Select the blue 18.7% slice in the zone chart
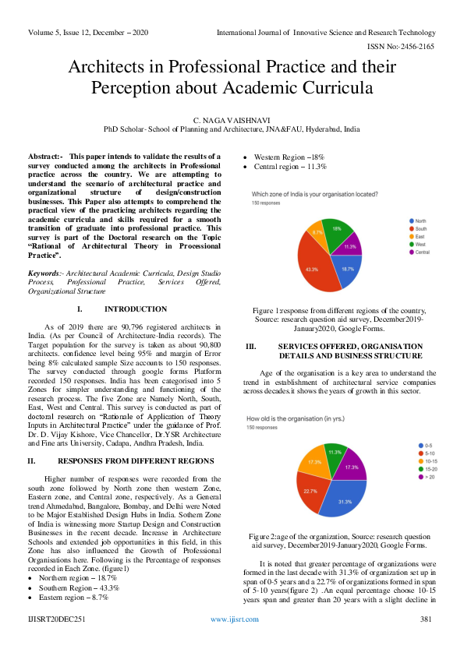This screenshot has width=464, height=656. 346,269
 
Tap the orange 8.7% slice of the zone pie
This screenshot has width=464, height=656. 318,233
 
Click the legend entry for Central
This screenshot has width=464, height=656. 420,252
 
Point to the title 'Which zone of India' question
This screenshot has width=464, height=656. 315,194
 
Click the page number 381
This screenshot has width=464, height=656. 426,640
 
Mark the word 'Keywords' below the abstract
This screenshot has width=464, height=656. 43,273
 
